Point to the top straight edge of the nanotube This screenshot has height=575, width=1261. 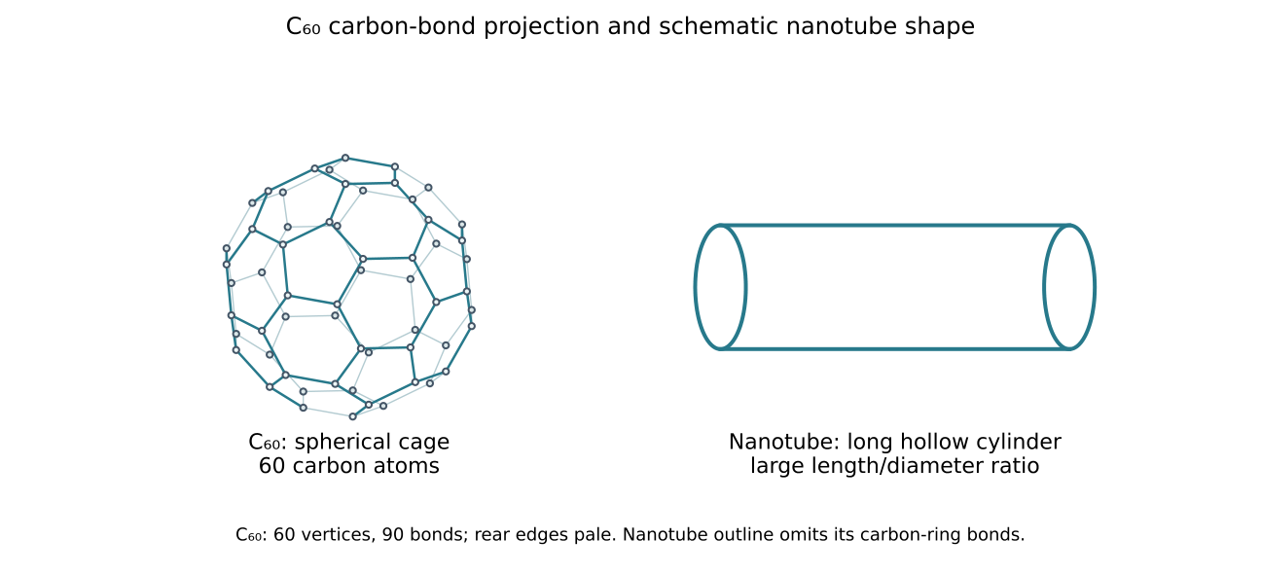(x=895, y=226)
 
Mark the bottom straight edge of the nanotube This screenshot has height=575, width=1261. (x=895, y=349)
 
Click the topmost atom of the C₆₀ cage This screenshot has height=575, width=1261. (x=345, y=158)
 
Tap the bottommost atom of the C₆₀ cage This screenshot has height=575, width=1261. (x=353, y=416)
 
